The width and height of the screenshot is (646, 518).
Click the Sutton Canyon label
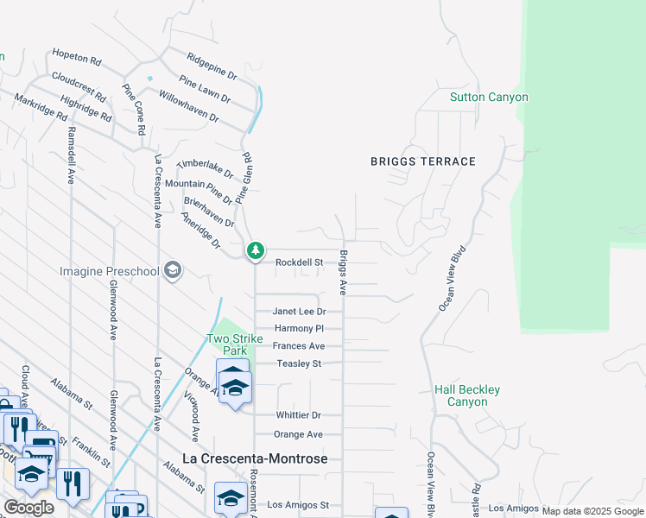[488, 97]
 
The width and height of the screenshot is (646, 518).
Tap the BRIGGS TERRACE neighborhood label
[423, 161]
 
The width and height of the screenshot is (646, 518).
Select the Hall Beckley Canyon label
[466, 396]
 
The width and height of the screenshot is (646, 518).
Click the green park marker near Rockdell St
[255, 251]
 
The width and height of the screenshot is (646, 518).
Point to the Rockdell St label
[299, 262]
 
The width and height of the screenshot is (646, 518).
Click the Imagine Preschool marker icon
[172, 271]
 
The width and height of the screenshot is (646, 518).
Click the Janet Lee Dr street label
[299, 312]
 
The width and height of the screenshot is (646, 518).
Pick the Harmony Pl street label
[299, 329]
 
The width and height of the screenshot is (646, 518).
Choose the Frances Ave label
[299, 346]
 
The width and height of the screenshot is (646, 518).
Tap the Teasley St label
[299, 363]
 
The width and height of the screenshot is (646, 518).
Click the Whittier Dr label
[299, 415]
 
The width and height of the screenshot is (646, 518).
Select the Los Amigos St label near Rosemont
[299, 504]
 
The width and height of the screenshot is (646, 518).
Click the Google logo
[28, 508]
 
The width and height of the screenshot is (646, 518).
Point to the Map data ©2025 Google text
[592, 511]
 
